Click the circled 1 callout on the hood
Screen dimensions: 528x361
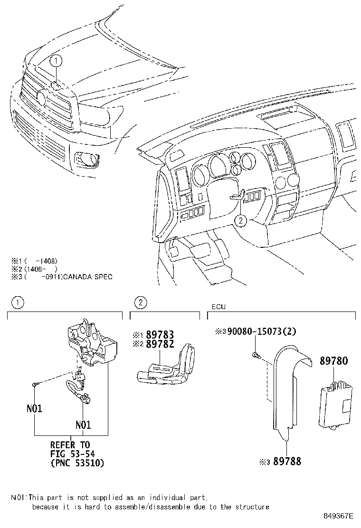point(56,60)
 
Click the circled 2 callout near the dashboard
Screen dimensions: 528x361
point(241,220)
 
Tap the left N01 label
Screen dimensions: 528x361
point(34,408)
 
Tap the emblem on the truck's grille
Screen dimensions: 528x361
point(40,98)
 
